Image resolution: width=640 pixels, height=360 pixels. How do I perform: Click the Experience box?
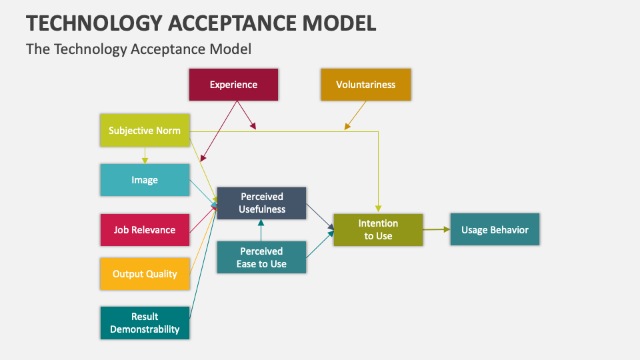(x=233, y=85)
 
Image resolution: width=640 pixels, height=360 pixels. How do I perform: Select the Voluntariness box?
(x=365, y=85)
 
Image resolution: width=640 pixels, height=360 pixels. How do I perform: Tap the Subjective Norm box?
(x=145, y=131)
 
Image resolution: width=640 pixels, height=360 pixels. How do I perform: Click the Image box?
(x=145, y=180)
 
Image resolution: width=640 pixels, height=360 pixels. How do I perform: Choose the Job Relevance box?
(x=145, y=230)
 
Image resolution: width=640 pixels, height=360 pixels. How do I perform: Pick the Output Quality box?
(x=145, y=274)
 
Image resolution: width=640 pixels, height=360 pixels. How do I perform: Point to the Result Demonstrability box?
(x=145, y=323)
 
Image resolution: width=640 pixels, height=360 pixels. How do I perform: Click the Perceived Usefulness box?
(x=261, y=203)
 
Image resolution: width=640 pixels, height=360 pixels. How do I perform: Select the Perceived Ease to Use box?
(x=261, y=257)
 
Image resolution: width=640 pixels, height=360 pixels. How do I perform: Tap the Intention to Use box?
(x=378, y=230)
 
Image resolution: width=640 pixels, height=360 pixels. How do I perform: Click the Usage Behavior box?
(x=495, y=230)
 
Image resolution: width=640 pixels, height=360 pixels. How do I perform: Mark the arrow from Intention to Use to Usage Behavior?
(x=436, y=229)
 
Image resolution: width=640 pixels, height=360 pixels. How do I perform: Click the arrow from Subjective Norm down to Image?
(x=145, y=155)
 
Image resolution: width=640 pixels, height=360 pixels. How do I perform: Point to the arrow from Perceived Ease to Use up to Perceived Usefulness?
(x=261, y=230)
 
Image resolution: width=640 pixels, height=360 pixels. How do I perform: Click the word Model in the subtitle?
(x=232, y=49)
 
